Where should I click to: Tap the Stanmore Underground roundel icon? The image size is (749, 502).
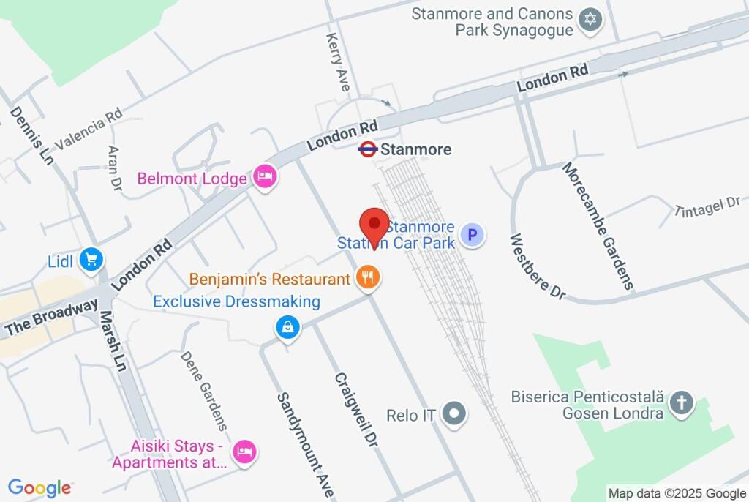coord(367,149)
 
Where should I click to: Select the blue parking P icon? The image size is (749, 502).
coord(473,236)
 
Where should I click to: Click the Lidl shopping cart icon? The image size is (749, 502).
coord(92,259)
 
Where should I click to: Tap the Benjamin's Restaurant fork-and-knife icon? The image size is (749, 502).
coord(367,277)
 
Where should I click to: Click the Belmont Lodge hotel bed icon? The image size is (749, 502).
coord(264,176)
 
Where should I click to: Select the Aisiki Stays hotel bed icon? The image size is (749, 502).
coord(244,451)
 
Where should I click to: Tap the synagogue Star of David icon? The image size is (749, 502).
coord(590,20)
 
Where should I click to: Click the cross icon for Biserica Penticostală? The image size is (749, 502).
coord(681,403)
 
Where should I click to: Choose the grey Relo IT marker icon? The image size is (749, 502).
coord(456,414)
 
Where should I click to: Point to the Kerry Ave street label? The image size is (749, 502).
coord(339,61)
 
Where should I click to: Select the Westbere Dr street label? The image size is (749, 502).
coord(538,266)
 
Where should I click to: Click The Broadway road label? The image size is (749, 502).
coord(50,319)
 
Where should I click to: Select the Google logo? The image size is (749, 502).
coord(39,488)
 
